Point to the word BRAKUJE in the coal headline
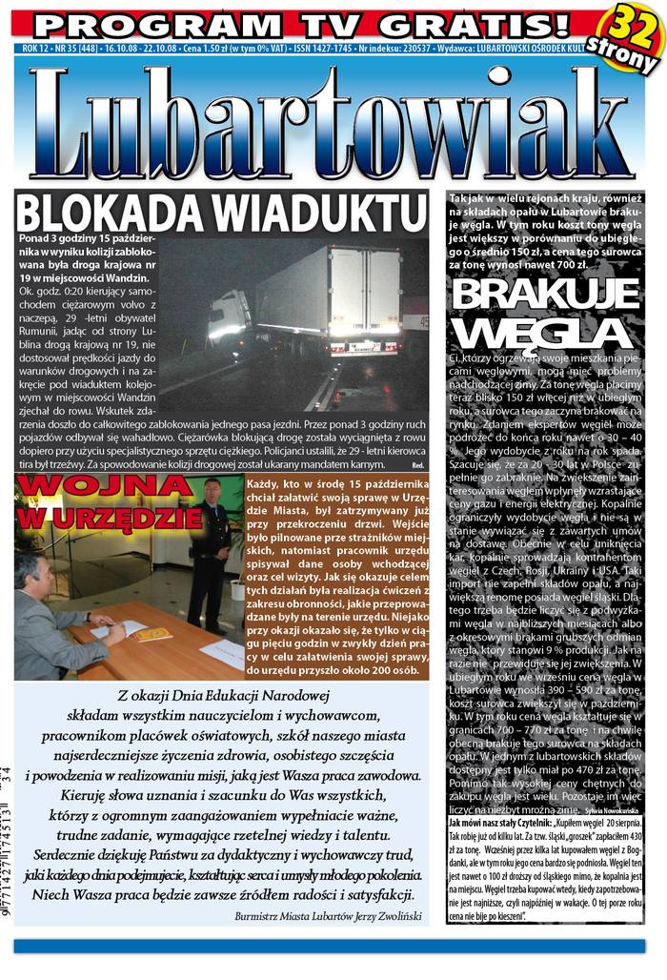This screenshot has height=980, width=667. click(x=540, y=295)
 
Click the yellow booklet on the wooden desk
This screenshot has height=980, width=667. click(x=152, y=634)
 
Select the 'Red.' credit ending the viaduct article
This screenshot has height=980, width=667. click(x=417, y=464)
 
